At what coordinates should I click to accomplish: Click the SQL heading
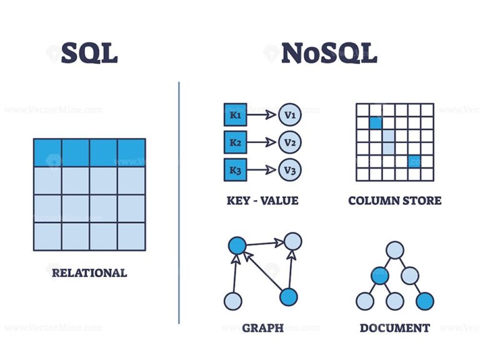point(89,54)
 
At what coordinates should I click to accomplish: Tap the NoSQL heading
point(329,54)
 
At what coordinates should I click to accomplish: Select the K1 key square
point(235,115)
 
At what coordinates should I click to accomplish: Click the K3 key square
point(235,170)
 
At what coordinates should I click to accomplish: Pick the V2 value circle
point(290,142)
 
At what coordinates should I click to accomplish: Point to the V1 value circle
point(290,115)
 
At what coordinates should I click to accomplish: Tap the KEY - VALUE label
point(262,201)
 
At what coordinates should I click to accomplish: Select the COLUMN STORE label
point(394,201)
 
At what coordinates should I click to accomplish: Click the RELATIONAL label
point(89,272)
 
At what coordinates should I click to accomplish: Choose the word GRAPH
point(262,327)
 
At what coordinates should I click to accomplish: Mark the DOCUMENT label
point(394,327)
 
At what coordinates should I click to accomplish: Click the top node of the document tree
point(394,250)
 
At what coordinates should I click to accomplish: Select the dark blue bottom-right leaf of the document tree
point(425,302)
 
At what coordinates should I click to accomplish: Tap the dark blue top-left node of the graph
point(236,246)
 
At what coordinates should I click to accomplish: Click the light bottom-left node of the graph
point(232,301)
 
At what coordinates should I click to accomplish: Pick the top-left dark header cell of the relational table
point(47,152)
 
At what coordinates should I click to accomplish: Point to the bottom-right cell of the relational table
point(131,236)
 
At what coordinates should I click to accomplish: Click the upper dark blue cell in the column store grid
point(375,123)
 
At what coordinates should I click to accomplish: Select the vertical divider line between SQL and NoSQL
point(179,203)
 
